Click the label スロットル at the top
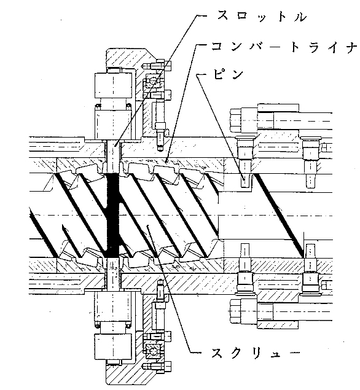[262, 17]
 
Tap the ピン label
[227, 74]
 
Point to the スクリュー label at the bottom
[256, 353]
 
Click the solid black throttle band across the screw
[114, 216]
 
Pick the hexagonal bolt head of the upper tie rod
[236, 120]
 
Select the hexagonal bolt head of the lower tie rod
[235, 311]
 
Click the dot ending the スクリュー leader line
[148, 226]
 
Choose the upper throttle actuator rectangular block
[113, 85]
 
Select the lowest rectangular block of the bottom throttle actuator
[113, 347]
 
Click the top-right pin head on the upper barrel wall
[310, 138]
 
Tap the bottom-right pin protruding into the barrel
[310, 251]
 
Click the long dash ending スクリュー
[291, 353]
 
